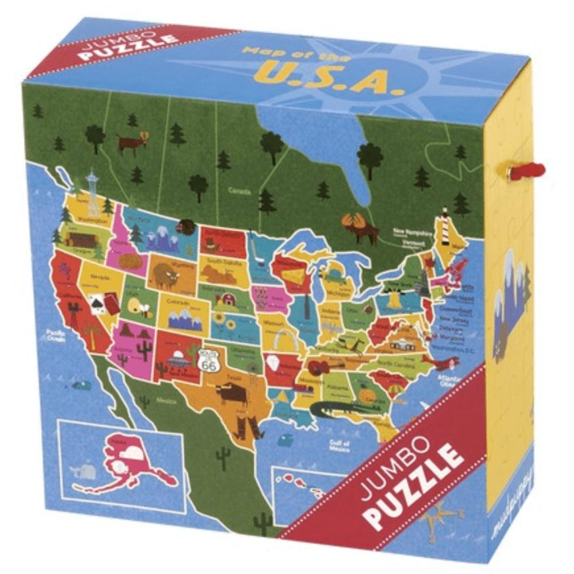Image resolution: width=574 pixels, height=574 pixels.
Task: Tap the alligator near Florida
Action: pos(336,410)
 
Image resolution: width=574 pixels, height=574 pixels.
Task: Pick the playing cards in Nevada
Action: pos(98,299)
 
